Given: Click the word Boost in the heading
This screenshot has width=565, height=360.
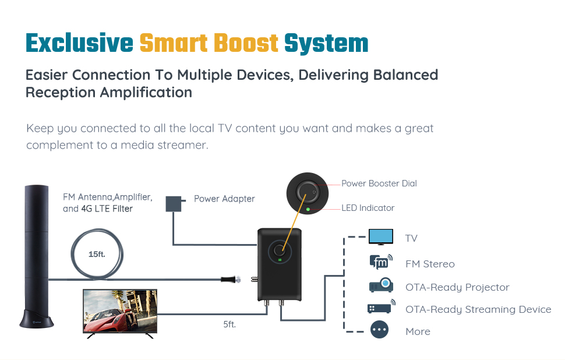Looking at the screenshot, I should pyautogui.click(x=245, y=44).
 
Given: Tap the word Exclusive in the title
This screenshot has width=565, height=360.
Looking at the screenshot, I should pyautogui.click(x=79, y=44).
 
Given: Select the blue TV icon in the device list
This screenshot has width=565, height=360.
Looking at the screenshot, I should pyautogui.click(x=381, y=237).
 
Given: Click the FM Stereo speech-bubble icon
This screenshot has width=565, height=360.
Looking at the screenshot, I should pyautogui.click(x=381, y=263).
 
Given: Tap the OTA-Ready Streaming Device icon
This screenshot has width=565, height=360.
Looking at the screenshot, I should pyautogui.click(x=381, y=308).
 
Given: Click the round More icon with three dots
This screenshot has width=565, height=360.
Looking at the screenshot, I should pyautogui.click(x=380, y=330).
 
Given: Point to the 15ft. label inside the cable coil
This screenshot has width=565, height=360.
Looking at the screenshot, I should pyautogui.click(x=97, y=255).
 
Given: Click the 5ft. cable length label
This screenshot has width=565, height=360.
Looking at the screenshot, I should pyautogui.click(x=229, y=324).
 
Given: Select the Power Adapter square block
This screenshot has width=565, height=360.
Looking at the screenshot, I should pyautogui.click(x=174, y=203).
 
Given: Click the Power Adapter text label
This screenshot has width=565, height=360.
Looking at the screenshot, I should pyautogui.click(x=224, y=199).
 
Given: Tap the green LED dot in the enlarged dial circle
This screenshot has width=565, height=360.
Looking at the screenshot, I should pyautogui.click(x=308, y=208).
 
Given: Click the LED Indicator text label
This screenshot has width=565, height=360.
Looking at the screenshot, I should pyautogui.click(x=368, y=208).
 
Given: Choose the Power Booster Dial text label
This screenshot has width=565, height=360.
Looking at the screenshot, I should pyautogui.click(x=379, y=183).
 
